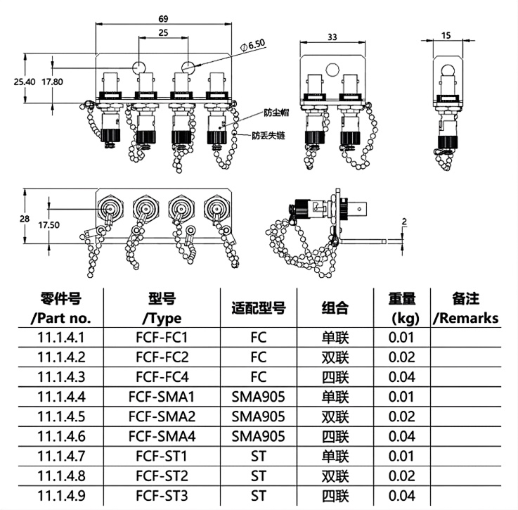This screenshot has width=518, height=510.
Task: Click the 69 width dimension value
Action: [x=163, y=19]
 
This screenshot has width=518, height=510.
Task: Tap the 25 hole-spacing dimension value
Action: [x=163, y=33]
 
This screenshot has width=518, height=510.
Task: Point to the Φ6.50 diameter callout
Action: [x=253, y=45]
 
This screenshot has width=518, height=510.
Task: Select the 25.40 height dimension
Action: [x=25, y=82]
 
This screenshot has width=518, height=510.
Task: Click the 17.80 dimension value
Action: [x=52, y=82]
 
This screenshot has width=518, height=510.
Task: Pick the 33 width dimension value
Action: [x=332, y=37]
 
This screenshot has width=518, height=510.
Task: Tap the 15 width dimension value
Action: [x=446, y=35]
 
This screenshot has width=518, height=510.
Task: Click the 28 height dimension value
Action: [x=25, y=219]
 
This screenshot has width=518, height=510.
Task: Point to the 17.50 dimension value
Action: [x=49, y=225]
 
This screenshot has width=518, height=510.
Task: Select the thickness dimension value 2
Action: [x=404, y=222]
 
